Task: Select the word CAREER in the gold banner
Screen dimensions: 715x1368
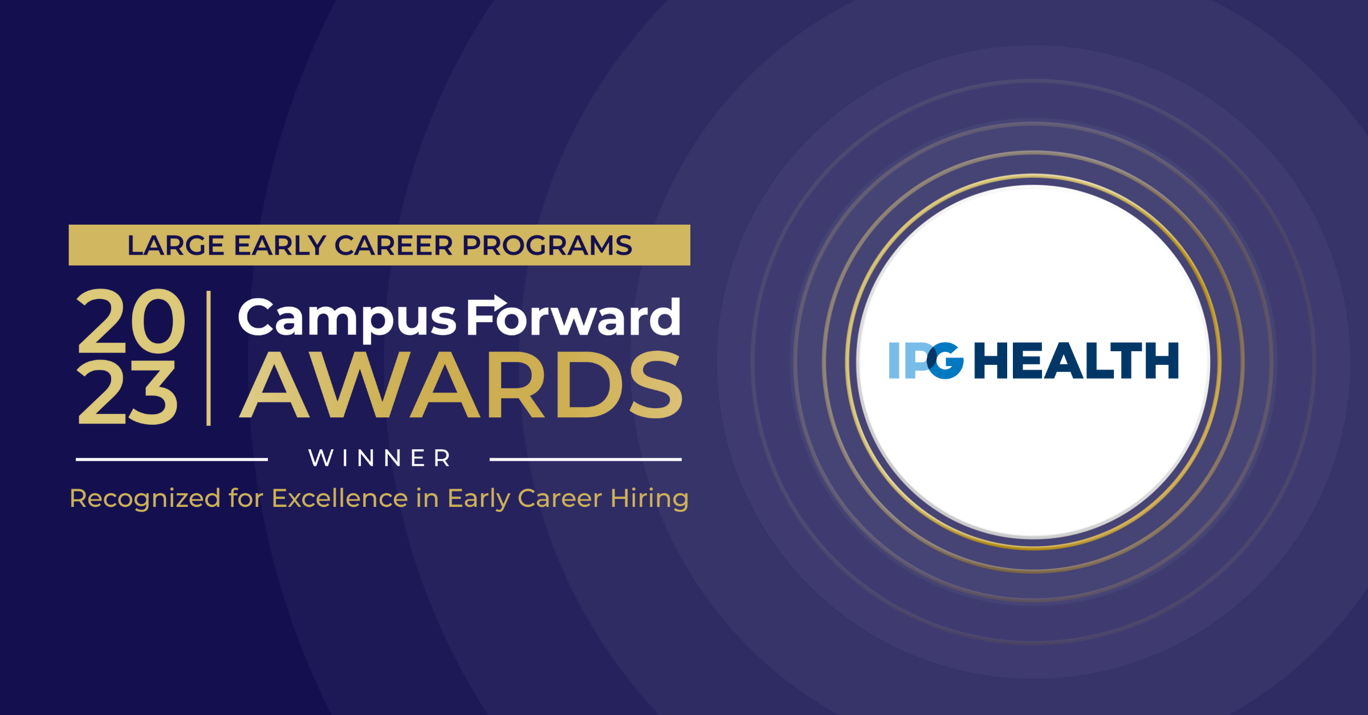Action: [x=393, y=246]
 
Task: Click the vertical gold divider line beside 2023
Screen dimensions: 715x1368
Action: [x=209, y=358]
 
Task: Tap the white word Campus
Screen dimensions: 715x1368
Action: [x=347, y=319]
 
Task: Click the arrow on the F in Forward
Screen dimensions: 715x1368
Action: [x=494, y=302]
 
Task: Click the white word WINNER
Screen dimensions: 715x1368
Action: [x=380, y=458]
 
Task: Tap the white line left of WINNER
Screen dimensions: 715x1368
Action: [x=172, y=459]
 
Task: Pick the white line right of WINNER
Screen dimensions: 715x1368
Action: [x=585, y=459]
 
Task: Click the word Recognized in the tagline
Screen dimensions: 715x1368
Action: [x=145, y=499]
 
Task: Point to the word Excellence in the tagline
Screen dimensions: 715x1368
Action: [x=340, y=499]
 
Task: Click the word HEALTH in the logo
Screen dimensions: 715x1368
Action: [x=1076, y=361]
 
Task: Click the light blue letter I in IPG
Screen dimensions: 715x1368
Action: [x=894, y=360]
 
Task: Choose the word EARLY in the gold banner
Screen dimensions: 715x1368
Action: [x=279, y=246]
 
